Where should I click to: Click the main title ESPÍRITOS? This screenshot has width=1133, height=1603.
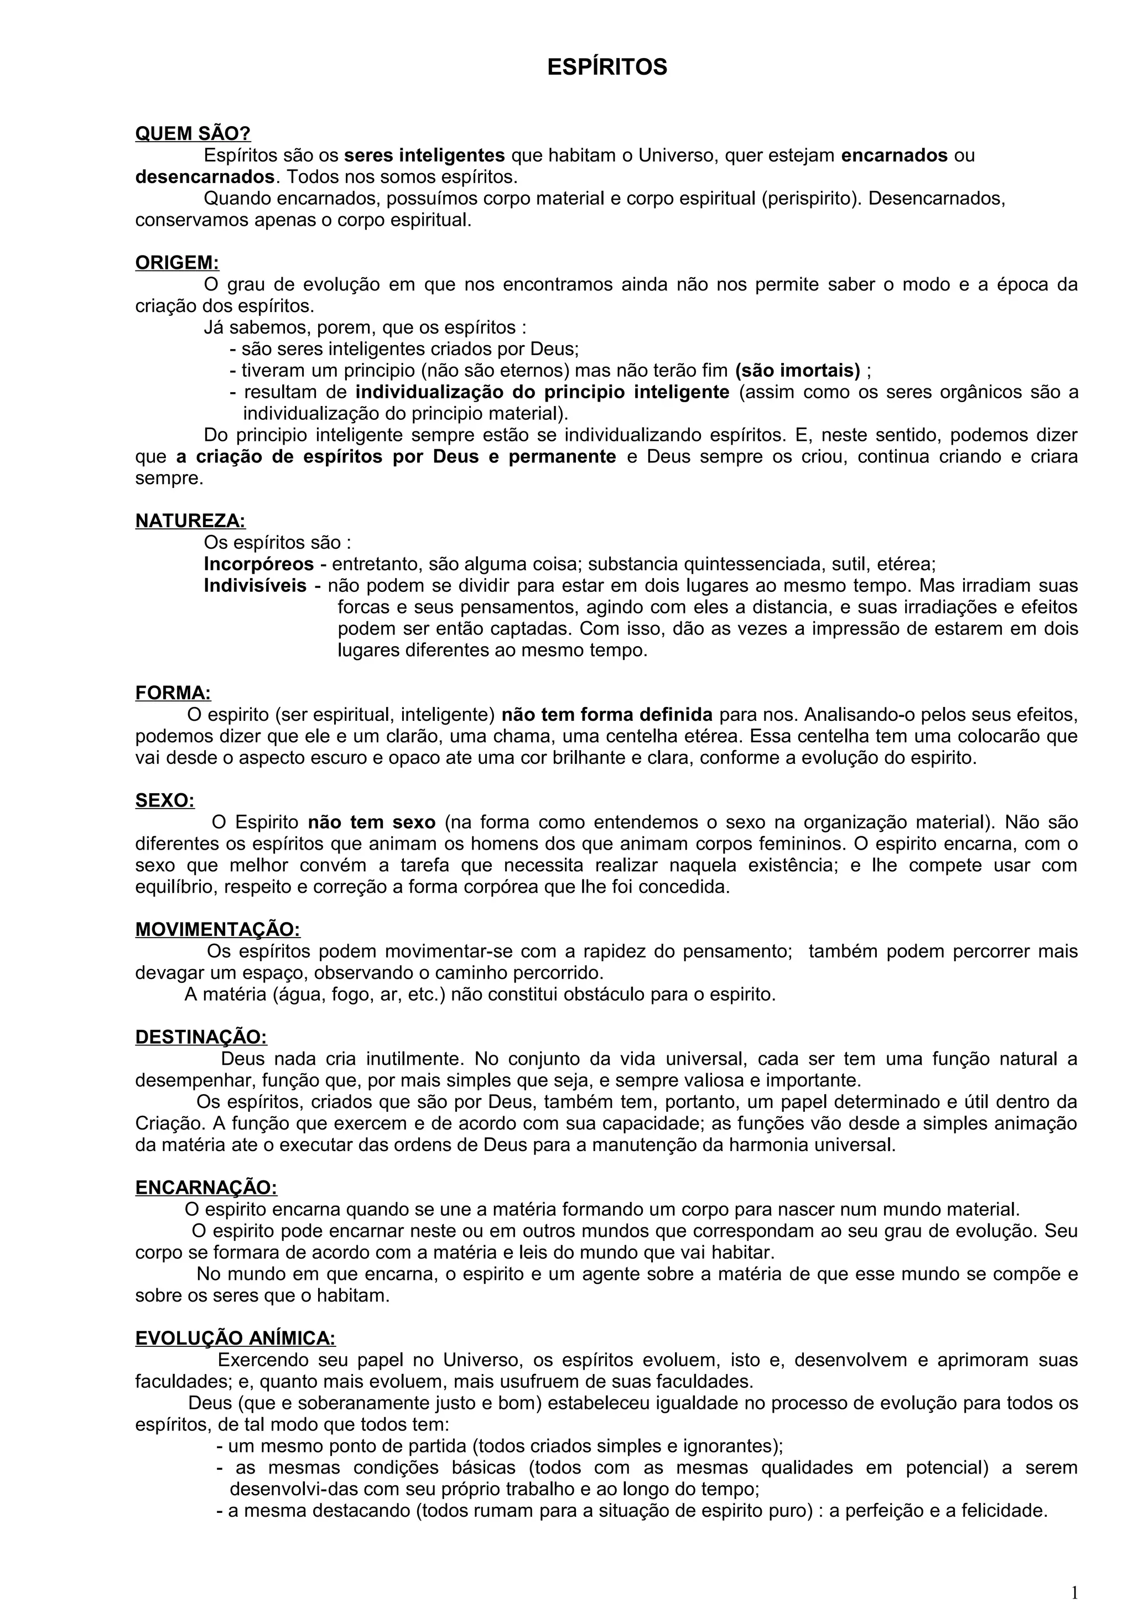click(x=607, y=67)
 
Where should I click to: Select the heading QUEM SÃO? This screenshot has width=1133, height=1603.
click(x=193, y=133)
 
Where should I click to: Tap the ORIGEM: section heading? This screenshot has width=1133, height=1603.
click(x=176, y=263)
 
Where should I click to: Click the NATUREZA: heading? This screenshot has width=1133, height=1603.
click(x=190, y=521)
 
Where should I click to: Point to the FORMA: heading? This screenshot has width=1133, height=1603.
click(x=173, y=693)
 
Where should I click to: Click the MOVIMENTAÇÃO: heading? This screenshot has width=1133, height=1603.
click(x=217, y=930)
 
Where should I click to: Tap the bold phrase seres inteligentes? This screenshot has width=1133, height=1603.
click(x=424, y=155)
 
